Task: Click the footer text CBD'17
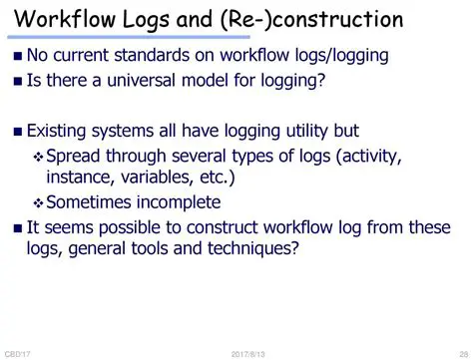16,354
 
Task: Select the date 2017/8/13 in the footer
247,354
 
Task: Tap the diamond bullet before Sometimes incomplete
39,202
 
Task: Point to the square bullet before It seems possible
17,228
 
